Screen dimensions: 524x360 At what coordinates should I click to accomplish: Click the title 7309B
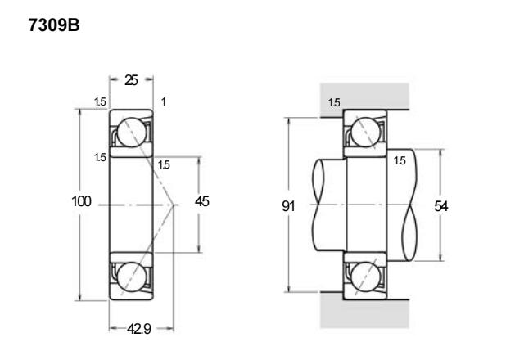(54, 25)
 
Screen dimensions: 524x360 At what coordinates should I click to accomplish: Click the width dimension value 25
(131, 80)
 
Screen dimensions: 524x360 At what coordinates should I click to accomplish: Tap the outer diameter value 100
(81, 201)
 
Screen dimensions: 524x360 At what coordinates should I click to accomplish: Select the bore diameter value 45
(202, 201)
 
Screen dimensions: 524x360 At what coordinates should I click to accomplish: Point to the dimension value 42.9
(139, 329)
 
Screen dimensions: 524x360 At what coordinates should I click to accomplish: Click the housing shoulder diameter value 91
(288, 206)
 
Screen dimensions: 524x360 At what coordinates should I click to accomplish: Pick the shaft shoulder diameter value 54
(441, 206)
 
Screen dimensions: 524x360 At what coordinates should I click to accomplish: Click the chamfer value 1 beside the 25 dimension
(164, 101)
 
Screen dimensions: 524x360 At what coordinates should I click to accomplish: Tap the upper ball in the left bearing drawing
(132, 133)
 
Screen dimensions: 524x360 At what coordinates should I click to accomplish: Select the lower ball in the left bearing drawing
(132, 277)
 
